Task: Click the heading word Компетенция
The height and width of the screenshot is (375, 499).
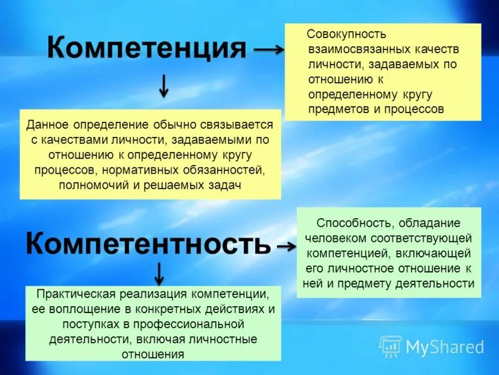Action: (x=147, y=48)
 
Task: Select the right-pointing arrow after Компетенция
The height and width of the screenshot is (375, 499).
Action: (x=269, y=50)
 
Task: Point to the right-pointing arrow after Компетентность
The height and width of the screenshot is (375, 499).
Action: (x=286, y=247)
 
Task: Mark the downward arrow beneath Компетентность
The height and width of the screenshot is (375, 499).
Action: (x=159, y=273)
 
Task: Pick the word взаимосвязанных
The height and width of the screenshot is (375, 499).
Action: (x=349, y=49)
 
